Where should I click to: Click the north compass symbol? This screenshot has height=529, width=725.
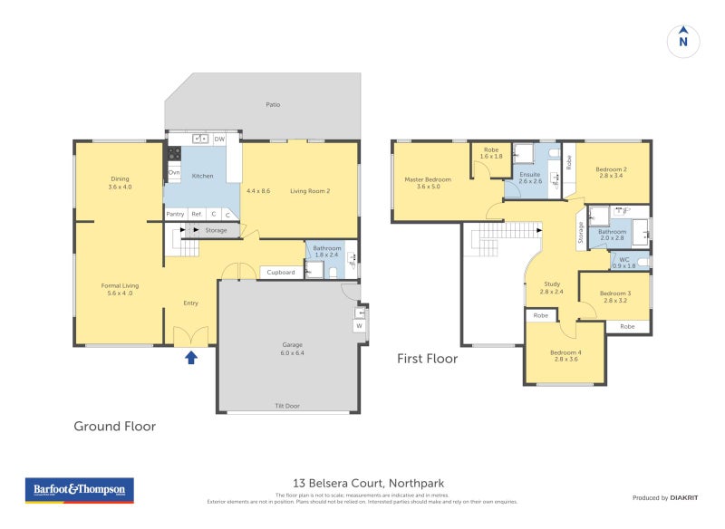tap(683, 41)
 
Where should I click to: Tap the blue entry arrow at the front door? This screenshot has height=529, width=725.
tap(191, 357)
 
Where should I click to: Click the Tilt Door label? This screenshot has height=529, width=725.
tap(286, 406)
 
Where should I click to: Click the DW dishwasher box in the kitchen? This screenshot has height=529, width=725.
tap(219, 139)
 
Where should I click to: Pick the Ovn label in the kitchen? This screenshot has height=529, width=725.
tap(174, 172)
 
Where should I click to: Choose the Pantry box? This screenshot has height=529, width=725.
tap(175, 214)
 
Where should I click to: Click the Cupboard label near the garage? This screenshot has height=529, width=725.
tap(281, 272)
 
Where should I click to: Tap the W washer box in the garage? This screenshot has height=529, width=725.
tap(360, 327)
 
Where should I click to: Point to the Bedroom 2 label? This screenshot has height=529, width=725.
tap(612, 170)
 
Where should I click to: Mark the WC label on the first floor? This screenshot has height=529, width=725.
tap(624, 259)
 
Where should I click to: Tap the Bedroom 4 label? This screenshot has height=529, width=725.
tap(565, 352)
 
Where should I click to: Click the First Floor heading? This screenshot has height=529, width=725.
tap(427, 359)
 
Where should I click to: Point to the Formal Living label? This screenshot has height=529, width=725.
tap(120, 285)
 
